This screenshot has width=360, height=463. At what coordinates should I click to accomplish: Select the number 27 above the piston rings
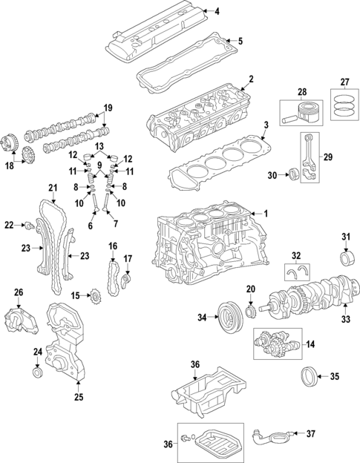tap(344, 82)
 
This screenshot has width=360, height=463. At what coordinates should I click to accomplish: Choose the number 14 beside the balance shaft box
tap(310, 344)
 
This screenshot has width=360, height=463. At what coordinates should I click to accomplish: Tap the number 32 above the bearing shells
tap(295, 255)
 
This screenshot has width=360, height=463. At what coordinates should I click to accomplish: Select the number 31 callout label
tap(345, 237)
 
